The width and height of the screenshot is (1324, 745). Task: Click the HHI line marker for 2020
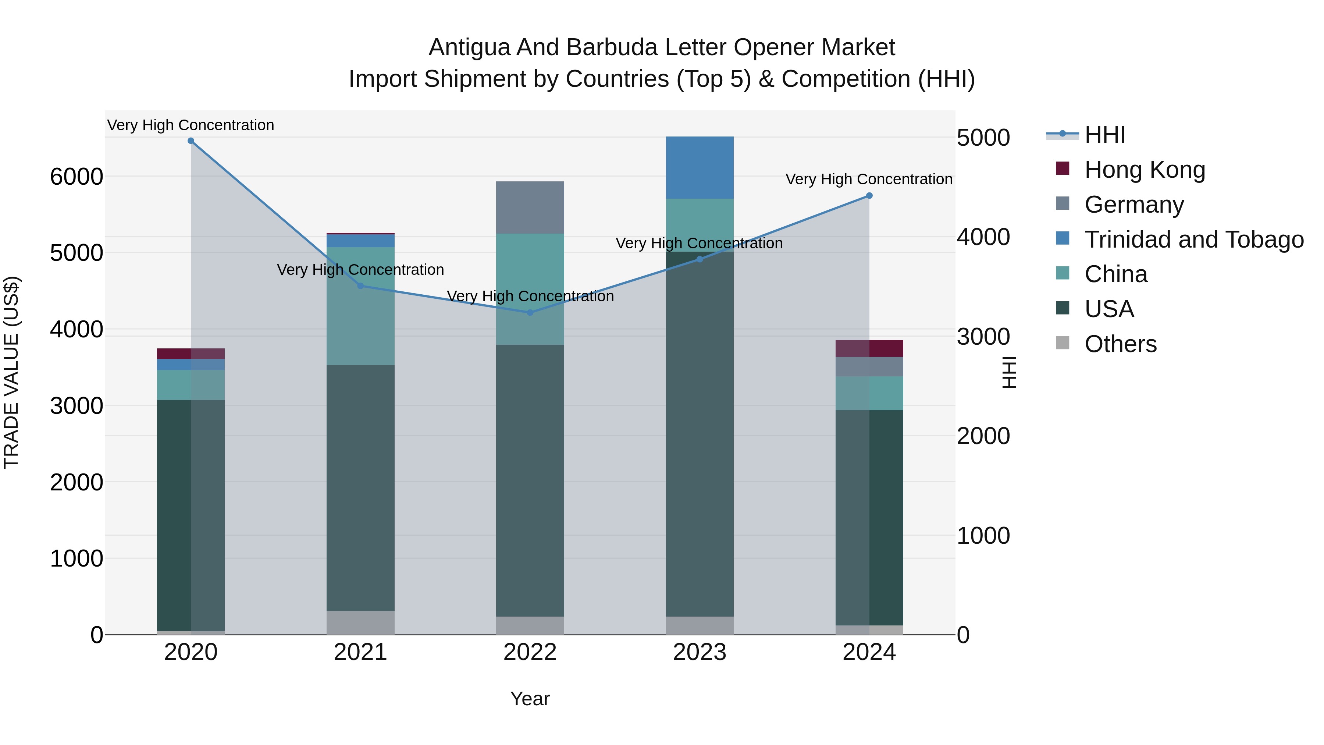[191, 141]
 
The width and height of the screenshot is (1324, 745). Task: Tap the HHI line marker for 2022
[530, 313]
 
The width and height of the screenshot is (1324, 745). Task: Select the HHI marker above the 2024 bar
[869, 196]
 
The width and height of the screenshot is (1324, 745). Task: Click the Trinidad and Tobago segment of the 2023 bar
[700, 168]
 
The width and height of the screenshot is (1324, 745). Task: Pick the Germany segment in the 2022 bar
[530, 208]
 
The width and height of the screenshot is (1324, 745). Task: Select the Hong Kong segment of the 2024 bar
[869, 349]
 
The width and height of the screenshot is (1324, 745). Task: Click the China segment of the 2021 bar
[360, 306]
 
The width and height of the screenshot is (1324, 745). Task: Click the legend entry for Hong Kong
[1144, 170]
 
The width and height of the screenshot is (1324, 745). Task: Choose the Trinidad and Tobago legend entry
[1193, 240]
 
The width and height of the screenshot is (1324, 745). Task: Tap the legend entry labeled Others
[1121, 344]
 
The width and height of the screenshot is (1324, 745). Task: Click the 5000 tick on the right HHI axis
[983, 138]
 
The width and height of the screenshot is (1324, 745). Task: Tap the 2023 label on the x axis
[700, 652]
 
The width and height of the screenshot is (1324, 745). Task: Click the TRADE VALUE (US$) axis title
[12, 372]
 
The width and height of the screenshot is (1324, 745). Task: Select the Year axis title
[530, 699]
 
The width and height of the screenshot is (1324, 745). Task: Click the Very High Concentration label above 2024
[869, 180]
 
